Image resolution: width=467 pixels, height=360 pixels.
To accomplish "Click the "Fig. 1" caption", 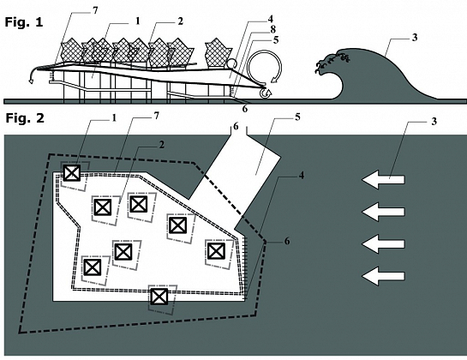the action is [24, 22].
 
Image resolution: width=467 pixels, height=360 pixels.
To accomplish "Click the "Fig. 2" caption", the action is [25, 118].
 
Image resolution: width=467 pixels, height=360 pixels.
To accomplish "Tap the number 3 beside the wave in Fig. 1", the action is [415, 38].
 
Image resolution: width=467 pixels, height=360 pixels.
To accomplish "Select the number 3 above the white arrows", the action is [434, 122].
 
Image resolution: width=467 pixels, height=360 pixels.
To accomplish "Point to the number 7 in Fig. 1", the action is [95, 10].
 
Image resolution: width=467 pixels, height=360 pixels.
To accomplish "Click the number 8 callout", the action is [272, 29].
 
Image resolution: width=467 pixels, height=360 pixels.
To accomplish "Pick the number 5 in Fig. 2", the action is [297, 117].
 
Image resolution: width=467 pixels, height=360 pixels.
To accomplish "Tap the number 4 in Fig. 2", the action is [302, 175].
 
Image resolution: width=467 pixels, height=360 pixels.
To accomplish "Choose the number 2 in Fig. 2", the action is [161, 145].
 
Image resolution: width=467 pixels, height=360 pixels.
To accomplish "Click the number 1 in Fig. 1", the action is [137, 21].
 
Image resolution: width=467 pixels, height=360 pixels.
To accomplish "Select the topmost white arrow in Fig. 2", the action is [383, 180].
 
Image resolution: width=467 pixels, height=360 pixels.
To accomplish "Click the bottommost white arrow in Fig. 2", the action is [383, 276].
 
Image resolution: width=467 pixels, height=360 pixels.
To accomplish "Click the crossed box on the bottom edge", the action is [159, 297].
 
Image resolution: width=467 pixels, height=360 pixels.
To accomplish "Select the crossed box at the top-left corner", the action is [72, 173].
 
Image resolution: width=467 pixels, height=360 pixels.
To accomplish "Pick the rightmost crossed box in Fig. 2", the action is [216, 251].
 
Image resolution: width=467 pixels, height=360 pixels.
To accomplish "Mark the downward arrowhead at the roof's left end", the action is [31, 81].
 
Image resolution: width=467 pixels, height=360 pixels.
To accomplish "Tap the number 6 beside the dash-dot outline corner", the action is [287, 241].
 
